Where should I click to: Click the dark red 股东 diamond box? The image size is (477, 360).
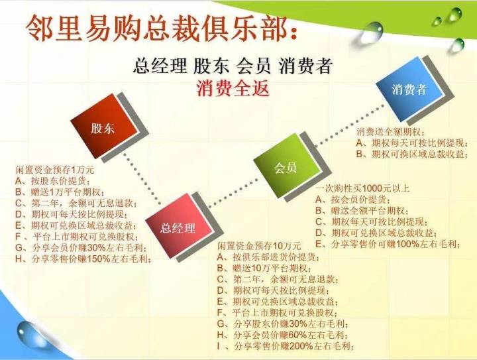104,126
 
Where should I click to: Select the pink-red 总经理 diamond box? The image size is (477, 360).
178,226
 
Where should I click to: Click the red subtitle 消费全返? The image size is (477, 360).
233,88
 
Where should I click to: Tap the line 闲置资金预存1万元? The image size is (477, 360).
55,170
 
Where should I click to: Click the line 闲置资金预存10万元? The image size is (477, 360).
259,245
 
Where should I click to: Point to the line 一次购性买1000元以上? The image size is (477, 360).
362,188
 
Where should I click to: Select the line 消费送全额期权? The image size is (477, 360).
391,132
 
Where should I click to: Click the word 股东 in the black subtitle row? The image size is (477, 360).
211,66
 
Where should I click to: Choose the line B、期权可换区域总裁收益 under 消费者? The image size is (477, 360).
412,154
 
